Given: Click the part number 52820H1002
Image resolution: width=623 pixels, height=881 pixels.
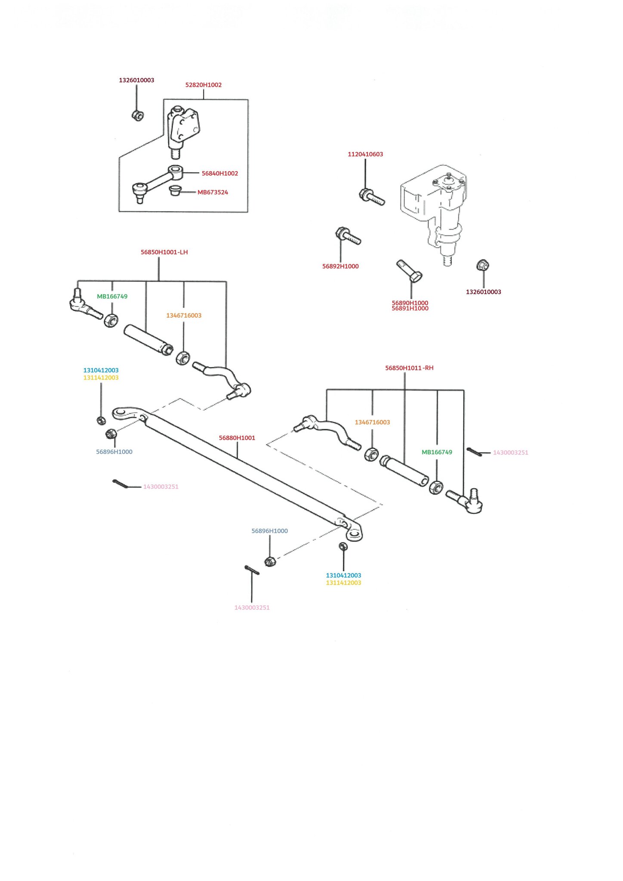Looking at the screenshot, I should (x=204, y=85).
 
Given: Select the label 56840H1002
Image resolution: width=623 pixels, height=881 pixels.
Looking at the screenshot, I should (x=220, y=173).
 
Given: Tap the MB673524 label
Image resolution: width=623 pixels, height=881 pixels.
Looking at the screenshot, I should (x=213, y=192).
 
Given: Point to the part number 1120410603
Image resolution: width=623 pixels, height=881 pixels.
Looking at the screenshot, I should (x=365, y=154).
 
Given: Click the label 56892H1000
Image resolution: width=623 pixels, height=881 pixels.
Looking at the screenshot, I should (x=340, y=266).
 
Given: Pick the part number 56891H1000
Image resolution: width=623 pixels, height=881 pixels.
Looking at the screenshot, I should (x=410, y=308).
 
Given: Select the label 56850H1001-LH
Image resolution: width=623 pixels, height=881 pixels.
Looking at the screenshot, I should (x=164, y=252).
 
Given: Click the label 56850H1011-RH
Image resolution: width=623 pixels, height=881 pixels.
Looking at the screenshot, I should (x=409, y=368).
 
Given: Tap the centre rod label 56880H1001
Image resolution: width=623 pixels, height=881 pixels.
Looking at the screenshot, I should (x=237, y=438).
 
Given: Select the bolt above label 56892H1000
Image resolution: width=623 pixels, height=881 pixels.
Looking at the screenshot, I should (x=348, y=235).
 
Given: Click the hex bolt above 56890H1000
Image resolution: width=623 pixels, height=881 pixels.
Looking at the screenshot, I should (x=409, y=271).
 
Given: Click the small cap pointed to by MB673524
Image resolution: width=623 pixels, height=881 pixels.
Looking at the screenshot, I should (x=175, y=190).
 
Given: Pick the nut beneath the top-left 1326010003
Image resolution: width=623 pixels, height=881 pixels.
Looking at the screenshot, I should (x=138, y=115).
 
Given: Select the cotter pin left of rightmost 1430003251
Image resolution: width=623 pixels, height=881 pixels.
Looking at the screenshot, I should (x=474, y=452).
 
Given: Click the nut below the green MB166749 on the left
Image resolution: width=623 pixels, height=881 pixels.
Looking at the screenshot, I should (x=111, y=320).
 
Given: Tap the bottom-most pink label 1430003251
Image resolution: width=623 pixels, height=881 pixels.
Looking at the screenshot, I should (x=252, y=607).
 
